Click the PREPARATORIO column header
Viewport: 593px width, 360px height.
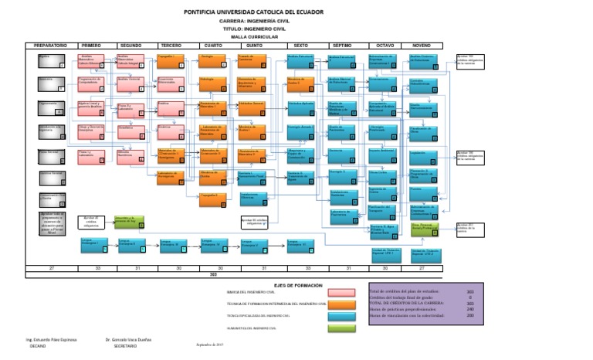pyautogui.click(x=51, y=46)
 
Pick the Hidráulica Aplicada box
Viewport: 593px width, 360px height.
pyautogui.click(x=301, y=107)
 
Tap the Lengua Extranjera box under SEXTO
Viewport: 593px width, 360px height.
pyautogui.click(x=300, y=246)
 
